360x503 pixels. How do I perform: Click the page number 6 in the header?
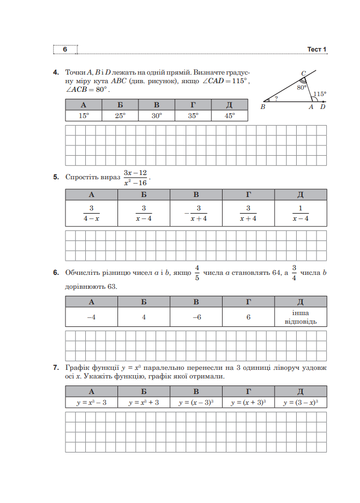click(65, 49)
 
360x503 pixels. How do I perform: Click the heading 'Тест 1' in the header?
click(317, 49)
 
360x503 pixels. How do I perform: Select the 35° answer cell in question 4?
click(193, 115)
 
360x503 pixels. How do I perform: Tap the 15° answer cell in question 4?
click(83, 115)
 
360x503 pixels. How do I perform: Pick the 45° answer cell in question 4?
click(229, 115)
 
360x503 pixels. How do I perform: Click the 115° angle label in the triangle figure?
click(320, 94)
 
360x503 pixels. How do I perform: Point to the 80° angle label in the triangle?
click(302, 87)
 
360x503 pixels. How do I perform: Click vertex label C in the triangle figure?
click(303, 74)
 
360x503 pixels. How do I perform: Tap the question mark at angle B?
click(276, 98)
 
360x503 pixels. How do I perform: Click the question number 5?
click(56, 177)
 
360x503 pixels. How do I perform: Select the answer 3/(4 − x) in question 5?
click(91, 213)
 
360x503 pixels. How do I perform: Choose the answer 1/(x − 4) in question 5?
click(300, 213)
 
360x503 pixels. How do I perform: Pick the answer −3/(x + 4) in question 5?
click(196, 213)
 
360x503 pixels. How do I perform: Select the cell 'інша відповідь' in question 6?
click(300, 317)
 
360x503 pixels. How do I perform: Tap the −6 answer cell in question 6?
click(196, 317)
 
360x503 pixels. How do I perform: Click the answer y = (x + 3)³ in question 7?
click(248, 402)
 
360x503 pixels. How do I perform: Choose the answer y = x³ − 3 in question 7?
click(91, 402)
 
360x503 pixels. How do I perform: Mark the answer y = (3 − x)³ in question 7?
click(300, 402)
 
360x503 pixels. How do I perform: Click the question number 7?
click(56, 368)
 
